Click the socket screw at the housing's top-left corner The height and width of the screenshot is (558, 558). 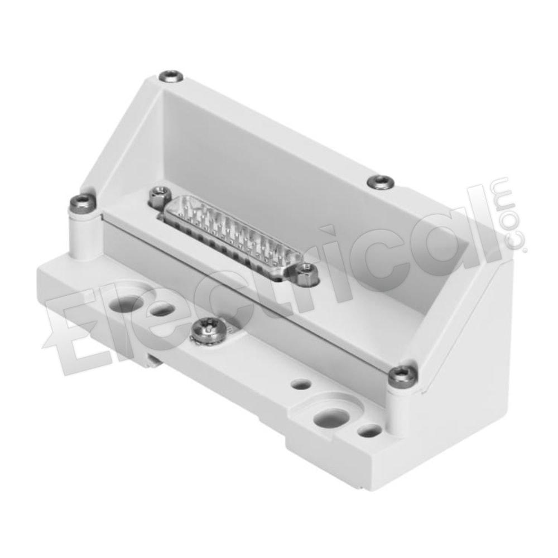tap(171, 76)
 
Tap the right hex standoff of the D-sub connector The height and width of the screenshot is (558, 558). tap(305, 273)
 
